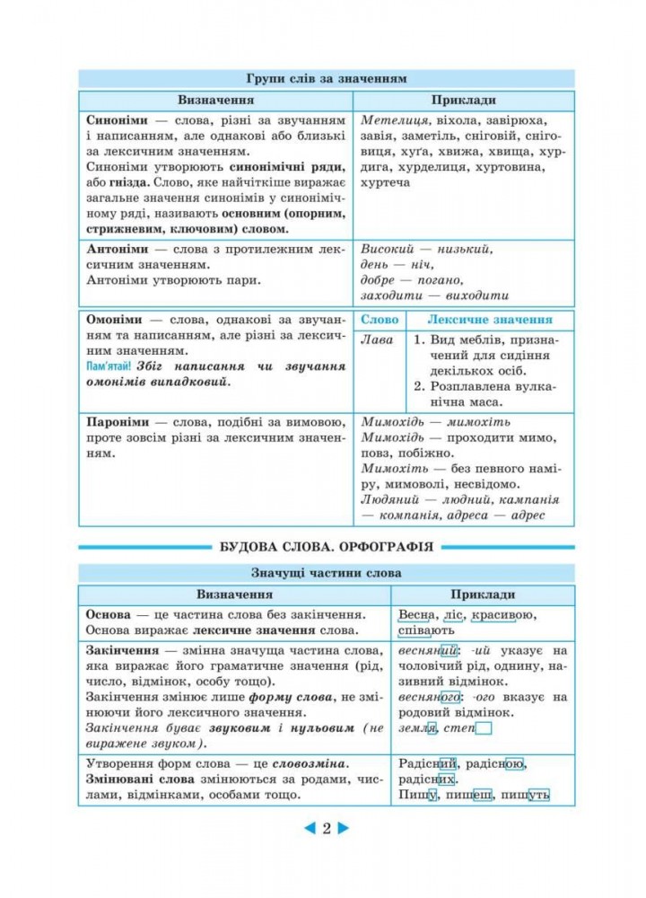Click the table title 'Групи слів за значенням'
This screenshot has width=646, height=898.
[326, 78]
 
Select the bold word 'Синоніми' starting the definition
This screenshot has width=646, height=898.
[117, 120]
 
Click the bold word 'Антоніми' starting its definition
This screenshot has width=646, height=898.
[117, 248]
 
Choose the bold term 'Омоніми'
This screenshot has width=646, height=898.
[115, 319]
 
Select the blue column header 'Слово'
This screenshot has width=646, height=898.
[379, 320]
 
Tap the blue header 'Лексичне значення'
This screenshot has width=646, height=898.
[489, 320]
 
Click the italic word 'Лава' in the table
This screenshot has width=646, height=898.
[376, 340]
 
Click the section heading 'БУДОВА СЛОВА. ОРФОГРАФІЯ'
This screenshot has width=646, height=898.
[327, 546]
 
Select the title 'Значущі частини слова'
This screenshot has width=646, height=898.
[326, 573]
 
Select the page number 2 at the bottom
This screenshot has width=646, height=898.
[327, 829]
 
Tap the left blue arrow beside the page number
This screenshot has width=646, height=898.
[309, 829]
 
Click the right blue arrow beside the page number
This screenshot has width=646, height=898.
[344, 829]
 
